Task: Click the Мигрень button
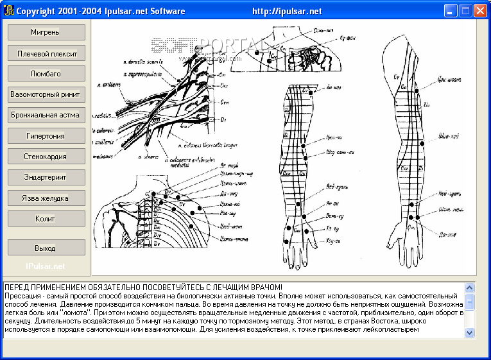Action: click(46, 32)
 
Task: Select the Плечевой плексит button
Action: click(46, 53)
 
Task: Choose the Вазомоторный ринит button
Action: click(46, 94)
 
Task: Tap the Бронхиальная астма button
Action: click(46, 115)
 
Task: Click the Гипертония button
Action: click(46, 136)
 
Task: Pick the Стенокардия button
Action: click(46, 157)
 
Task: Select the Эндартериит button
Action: click(46, 177)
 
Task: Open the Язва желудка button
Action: click(46, 198)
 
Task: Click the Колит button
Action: click(46, 219)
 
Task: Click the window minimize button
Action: click(451, 10)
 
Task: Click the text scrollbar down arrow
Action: click(469, 332)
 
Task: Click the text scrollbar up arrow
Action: click(469, 288)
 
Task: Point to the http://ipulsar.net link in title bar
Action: click(287, 11)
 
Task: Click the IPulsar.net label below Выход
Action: click(46, 266)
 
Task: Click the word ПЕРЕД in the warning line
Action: click(18, 287)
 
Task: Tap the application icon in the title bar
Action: click(8, 11)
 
